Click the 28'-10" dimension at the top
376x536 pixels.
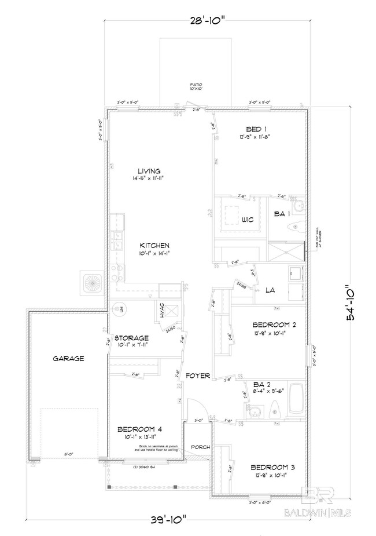(x=206, y=21)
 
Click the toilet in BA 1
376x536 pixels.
(x=297, y=226)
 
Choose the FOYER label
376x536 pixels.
(x=198, y=376)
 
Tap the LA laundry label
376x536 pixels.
(x=270, y=290)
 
